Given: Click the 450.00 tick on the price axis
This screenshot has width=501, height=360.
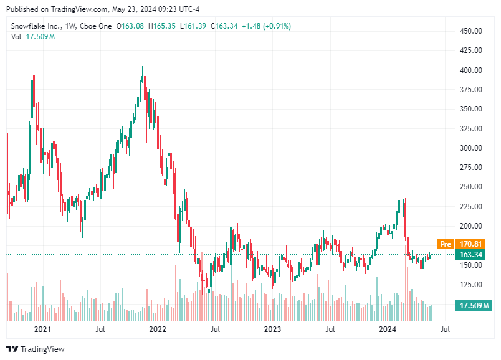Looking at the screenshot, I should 471,31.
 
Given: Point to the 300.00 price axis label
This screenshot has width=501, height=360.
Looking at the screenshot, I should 471,148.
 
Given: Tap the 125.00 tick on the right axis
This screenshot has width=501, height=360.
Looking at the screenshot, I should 471,285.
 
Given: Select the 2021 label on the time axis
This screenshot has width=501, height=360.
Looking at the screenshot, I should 42,328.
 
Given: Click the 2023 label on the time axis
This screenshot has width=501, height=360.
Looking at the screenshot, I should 272,328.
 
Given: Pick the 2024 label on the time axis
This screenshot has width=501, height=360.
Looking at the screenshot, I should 388,328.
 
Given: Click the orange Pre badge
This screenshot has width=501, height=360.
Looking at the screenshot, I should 445,244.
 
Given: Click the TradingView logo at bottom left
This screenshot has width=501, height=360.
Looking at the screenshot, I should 36,349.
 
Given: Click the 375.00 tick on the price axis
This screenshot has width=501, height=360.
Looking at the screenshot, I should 471,90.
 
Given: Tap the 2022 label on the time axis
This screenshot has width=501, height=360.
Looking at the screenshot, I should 157,328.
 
